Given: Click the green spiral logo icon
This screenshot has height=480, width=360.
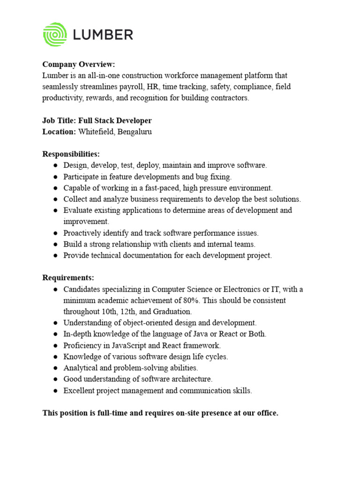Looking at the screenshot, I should point(55,34).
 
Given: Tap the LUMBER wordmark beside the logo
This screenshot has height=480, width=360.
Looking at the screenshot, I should point(103,34).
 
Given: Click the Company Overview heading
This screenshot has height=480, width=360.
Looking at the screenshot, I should point(79,64).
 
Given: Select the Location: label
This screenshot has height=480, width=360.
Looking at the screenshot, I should point(59,132).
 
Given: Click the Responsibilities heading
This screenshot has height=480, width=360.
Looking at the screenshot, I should point(71,154).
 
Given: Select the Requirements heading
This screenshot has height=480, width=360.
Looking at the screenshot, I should point(68,278).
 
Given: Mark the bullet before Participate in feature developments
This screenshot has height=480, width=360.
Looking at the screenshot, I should point(55,177).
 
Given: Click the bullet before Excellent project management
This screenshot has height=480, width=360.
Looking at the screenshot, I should point(55,390).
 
